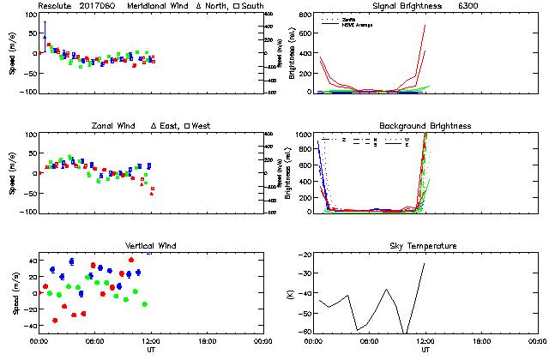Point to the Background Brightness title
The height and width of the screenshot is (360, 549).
click(x=425, y=126)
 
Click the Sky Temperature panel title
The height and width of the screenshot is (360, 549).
click(x=425, y=246)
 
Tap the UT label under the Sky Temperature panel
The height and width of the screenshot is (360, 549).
click(x=425, y=350)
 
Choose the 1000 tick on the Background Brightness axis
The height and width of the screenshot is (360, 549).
click(x=304, y=135)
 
